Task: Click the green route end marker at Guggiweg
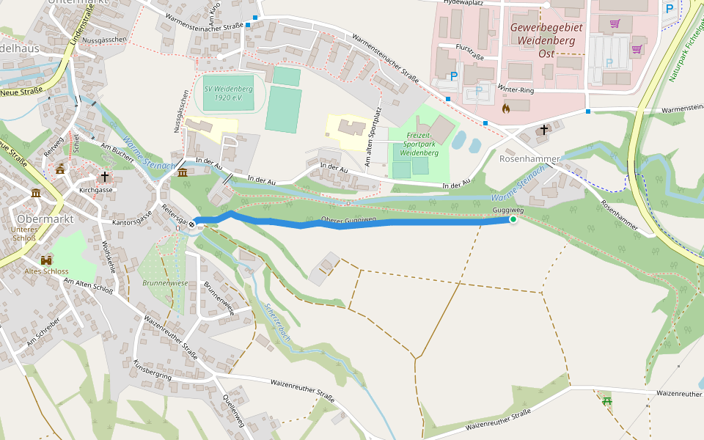point(513,219)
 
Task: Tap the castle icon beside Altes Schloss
point(46,260)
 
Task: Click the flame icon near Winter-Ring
point(505,108)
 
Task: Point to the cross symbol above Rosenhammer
point(543,130)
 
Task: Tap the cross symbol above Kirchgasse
point(105,177)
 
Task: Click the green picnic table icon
point(606,400)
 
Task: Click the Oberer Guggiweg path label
point(349,219)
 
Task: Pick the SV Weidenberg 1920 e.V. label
point(229,93)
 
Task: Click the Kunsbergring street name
point(153,370)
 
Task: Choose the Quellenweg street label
point(232,410)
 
